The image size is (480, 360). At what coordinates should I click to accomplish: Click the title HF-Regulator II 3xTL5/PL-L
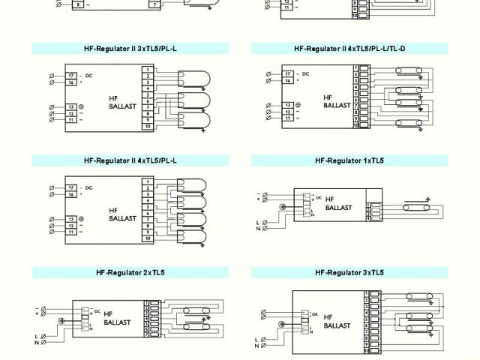[131, 49]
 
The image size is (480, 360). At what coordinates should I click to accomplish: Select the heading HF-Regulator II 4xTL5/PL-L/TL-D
[349, 49]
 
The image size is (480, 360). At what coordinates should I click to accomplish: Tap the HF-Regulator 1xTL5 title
[349, 160]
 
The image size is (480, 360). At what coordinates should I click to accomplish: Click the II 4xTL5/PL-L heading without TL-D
[131, 160]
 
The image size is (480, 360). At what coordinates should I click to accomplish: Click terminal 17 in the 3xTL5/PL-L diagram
[70, 76]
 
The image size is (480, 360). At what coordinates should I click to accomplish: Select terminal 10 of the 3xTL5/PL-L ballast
[148, 127]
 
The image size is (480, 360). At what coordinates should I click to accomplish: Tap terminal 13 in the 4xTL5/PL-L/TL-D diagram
[287, 104]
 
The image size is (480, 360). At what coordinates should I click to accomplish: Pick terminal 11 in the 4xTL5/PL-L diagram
[70, 232]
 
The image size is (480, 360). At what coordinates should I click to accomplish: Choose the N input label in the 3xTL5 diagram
[256, 346]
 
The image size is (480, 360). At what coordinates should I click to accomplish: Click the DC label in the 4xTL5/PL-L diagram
[88, 187]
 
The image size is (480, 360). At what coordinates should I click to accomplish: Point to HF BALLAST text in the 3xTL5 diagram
[337, 321]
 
